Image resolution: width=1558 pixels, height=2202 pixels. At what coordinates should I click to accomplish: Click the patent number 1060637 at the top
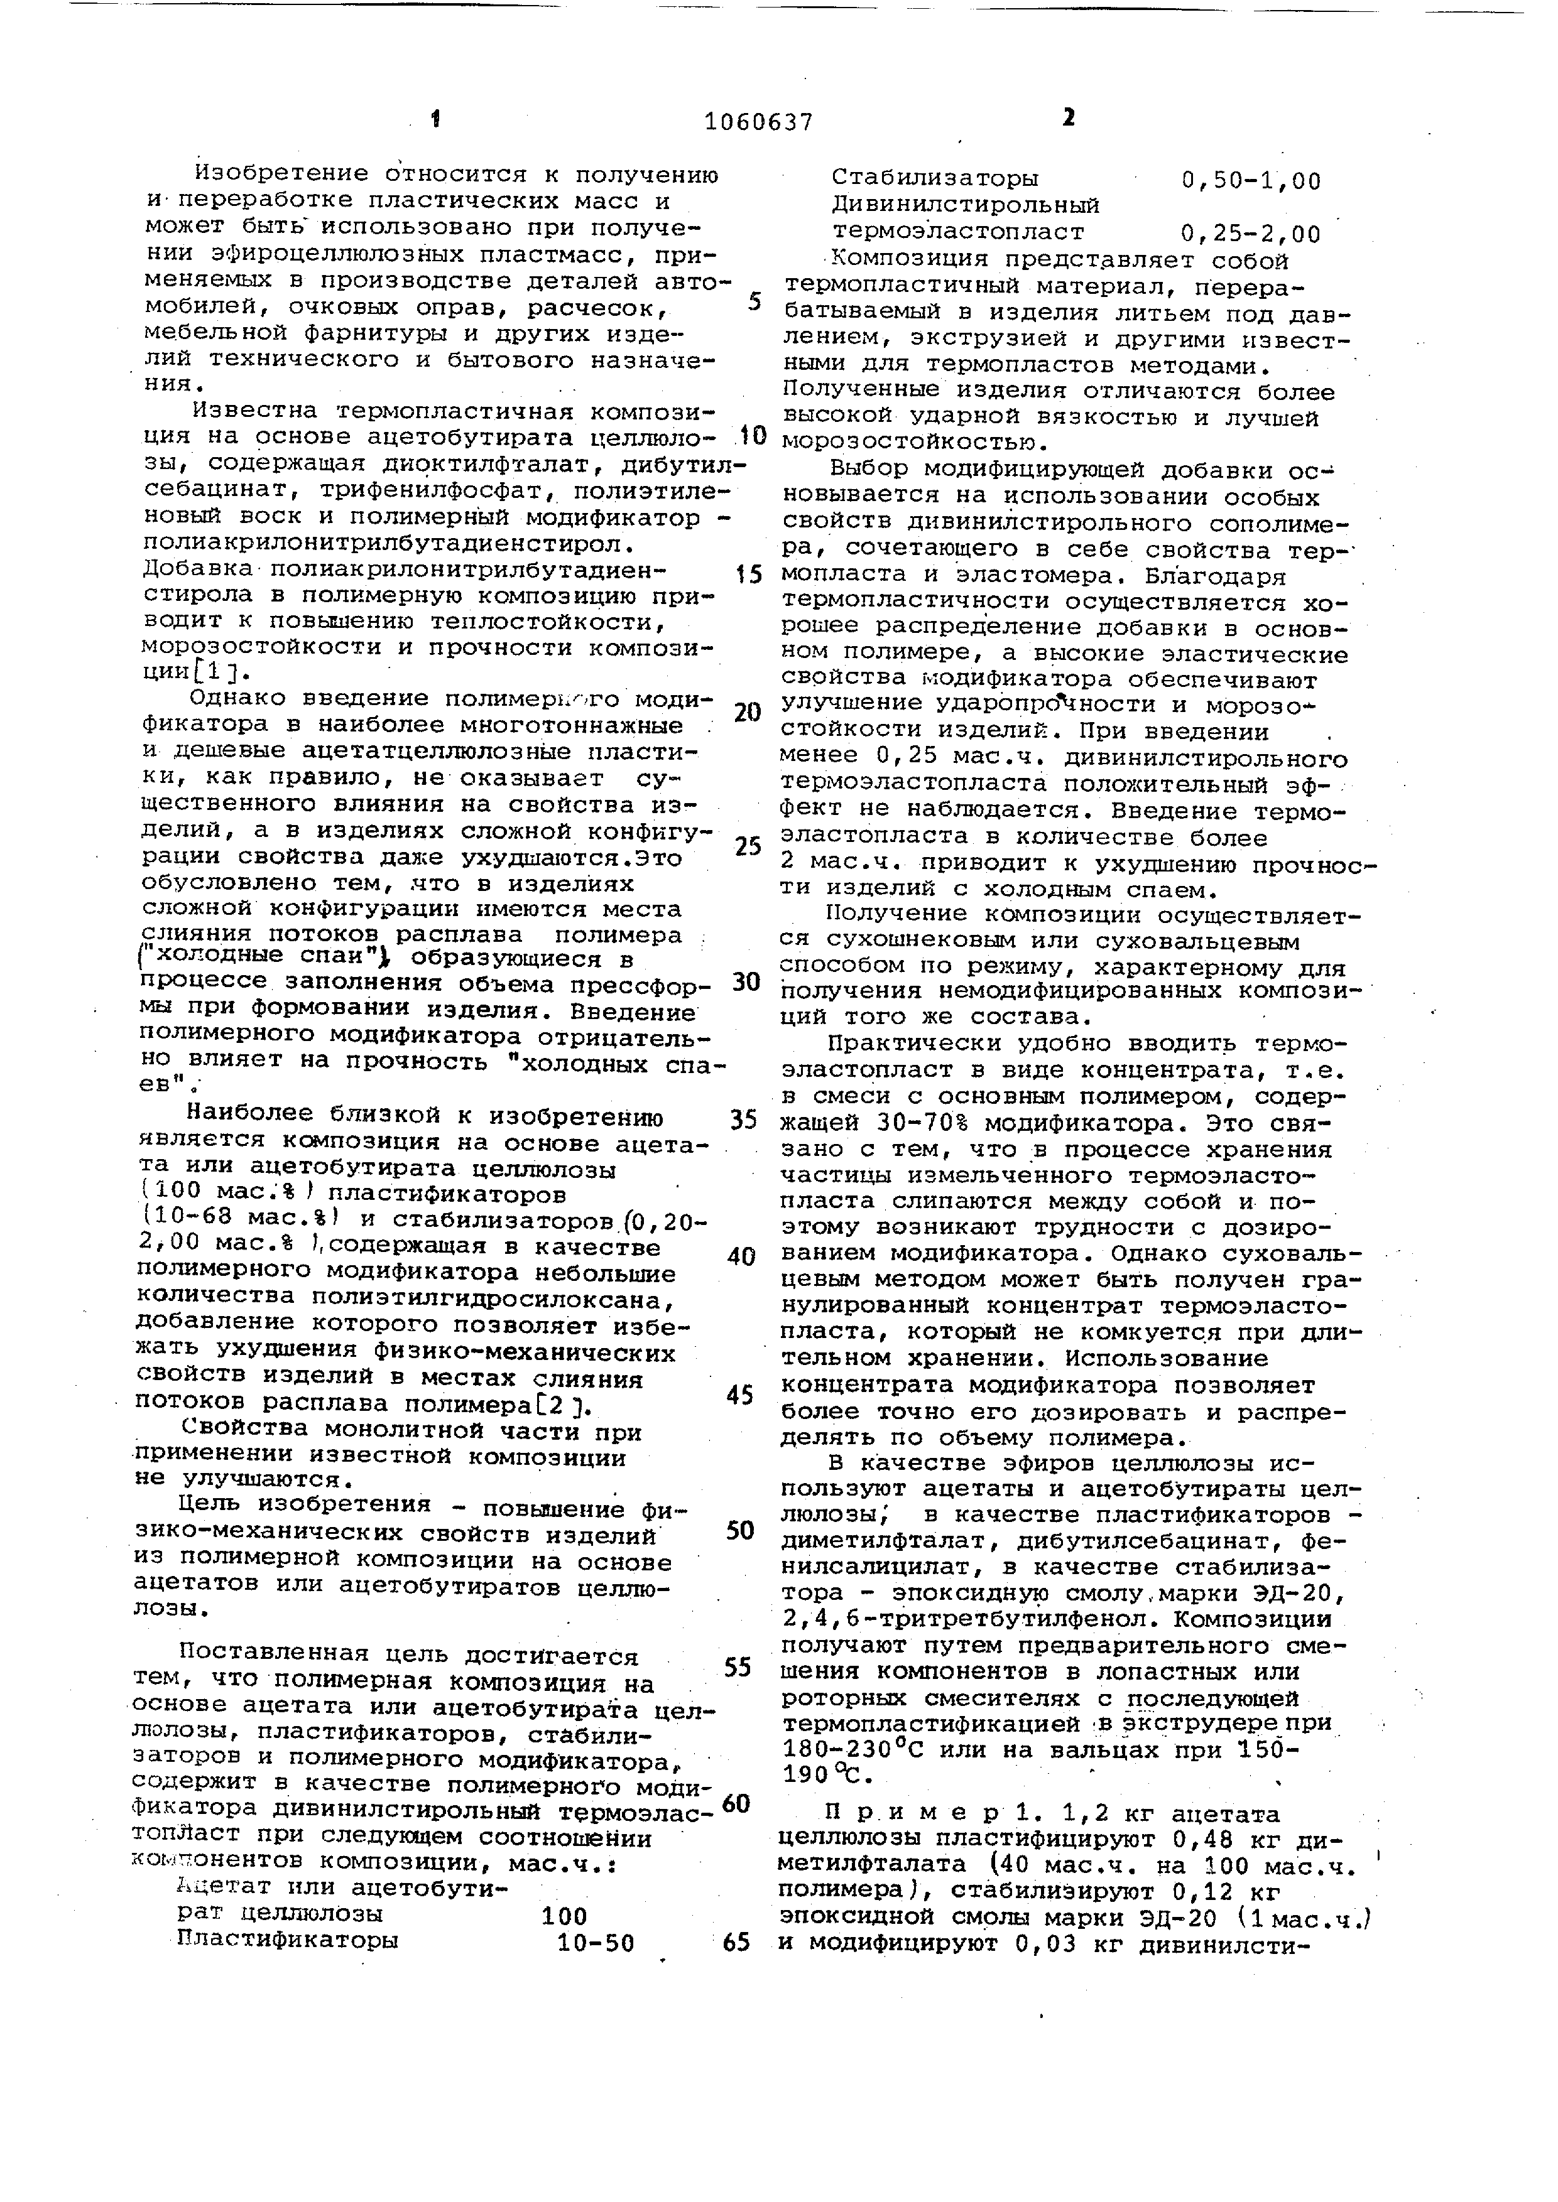pyautogui.click(x=758, y=122)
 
